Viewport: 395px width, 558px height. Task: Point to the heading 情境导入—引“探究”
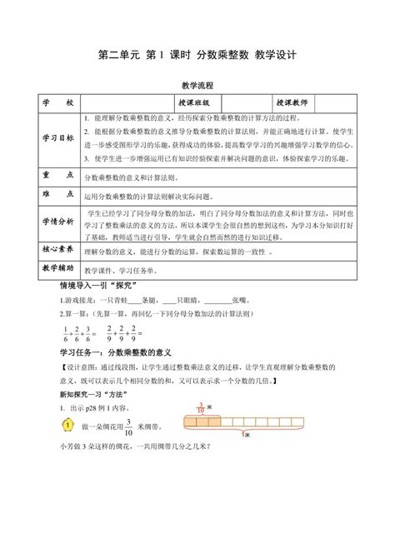(86, 286)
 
